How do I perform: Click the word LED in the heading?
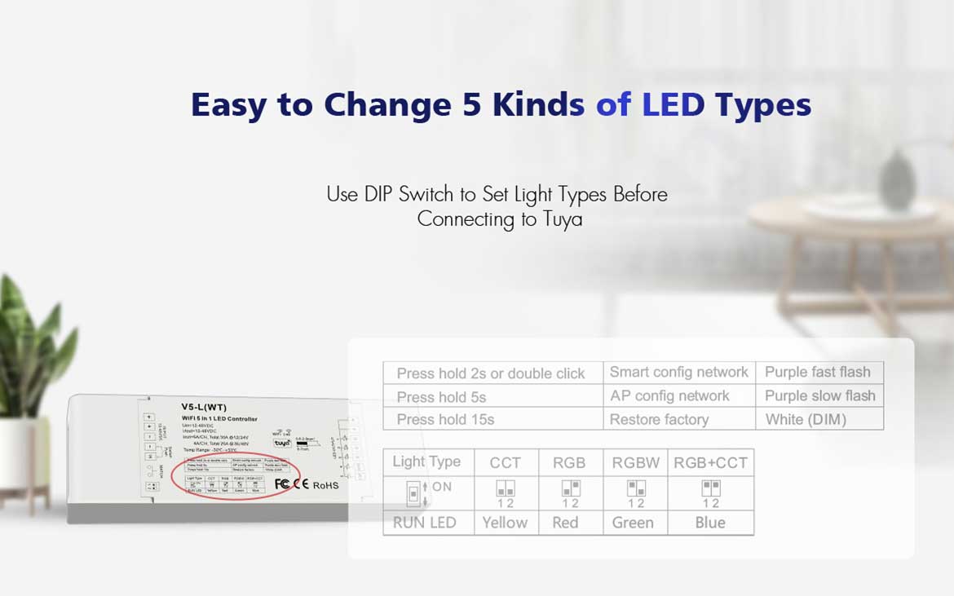click(673, 105)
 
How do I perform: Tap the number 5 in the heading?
click(472, 105)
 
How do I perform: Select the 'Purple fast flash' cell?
click(818, 373)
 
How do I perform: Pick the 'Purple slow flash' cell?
click(819, 396)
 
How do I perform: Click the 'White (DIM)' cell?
click(806, 420)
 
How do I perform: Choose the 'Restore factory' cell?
click(659, 420)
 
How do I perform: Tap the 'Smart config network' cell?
click(678, 373)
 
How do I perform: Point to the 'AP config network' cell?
click(669, 396)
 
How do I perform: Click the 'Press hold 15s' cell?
click(445, 420)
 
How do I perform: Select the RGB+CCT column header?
click(710, 463)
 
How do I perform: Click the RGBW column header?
click(636, 463)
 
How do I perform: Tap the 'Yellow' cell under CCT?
click(505, 523)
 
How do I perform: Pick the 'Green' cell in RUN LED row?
click(633, 523)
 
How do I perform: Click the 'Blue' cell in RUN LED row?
click(710, 523)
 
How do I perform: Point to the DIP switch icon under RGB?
click(570, 488)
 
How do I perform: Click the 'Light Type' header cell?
click(426, 462)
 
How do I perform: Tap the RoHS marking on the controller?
click(325, 485)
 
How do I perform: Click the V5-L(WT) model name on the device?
click(204, 407)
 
